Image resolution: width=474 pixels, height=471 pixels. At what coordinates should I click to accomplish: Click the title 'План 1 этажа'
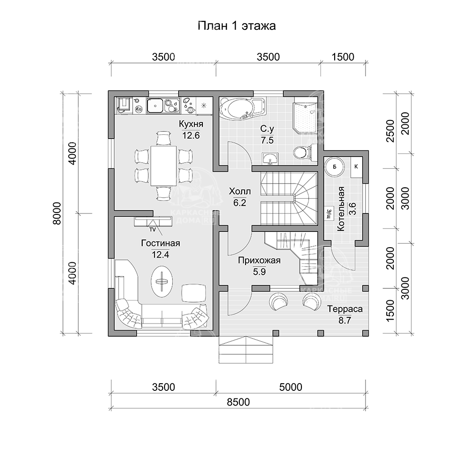point(237,26)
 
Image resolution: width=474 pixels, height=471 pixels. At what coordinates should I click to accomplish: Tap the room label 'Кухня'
point(191,124)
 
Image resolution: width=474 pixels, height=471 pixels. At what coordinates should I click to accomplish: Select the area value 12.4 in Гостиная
point(161,254)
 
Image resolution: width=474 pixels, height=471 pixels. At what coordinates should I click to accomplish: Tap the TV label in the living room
point(153,230)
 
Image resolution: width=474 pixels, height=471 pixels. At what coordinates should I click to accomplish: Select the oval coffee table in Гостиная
point(162,281)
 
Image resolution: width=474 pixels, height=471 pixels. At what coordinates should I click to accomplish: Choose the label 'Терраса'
point(345,309)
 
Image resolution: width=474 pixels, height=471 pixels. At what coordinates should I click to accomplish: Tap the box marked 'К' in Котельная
point(355,166)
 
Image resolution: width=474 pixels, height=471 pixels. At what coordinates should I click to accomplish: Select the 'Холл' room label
point(239,192)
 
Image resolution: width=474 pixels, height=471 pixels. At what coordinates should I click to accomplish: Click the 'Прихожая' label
point(259,260)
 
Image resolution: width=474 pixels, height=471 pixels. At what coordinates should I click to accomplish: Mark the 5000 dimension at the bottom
point(291,387)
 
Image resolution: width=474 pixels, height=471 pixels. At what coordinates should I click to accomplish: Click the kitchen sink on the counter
point(155,105)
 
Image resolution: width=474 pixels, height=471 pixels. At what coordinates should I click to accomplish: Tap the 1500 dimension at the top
point(343,57)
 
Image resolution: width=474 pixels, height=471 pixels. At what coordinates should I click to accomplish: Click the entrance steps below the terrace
point(246,351)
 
